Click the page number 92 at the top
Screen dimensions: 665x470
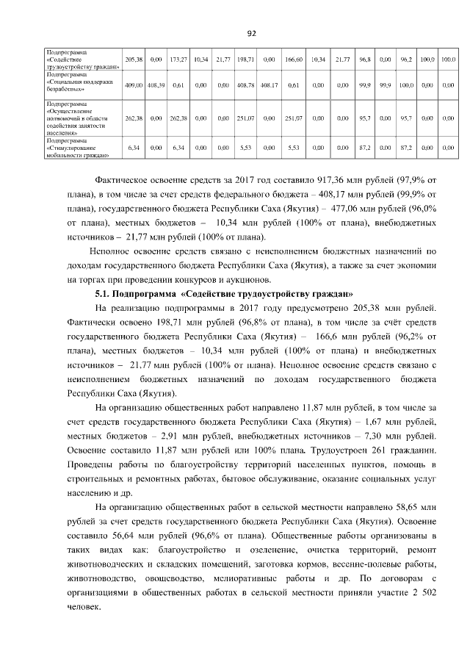250,33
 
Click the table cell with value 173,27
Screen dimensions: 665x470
178,58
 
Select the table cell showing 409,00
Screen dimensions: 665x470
134,85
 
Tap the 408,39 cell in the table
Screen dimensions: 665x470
156,85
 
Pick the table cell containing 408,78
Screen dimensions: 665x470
246,85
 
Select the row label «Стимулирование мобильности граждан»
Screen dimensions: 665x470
76,148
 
